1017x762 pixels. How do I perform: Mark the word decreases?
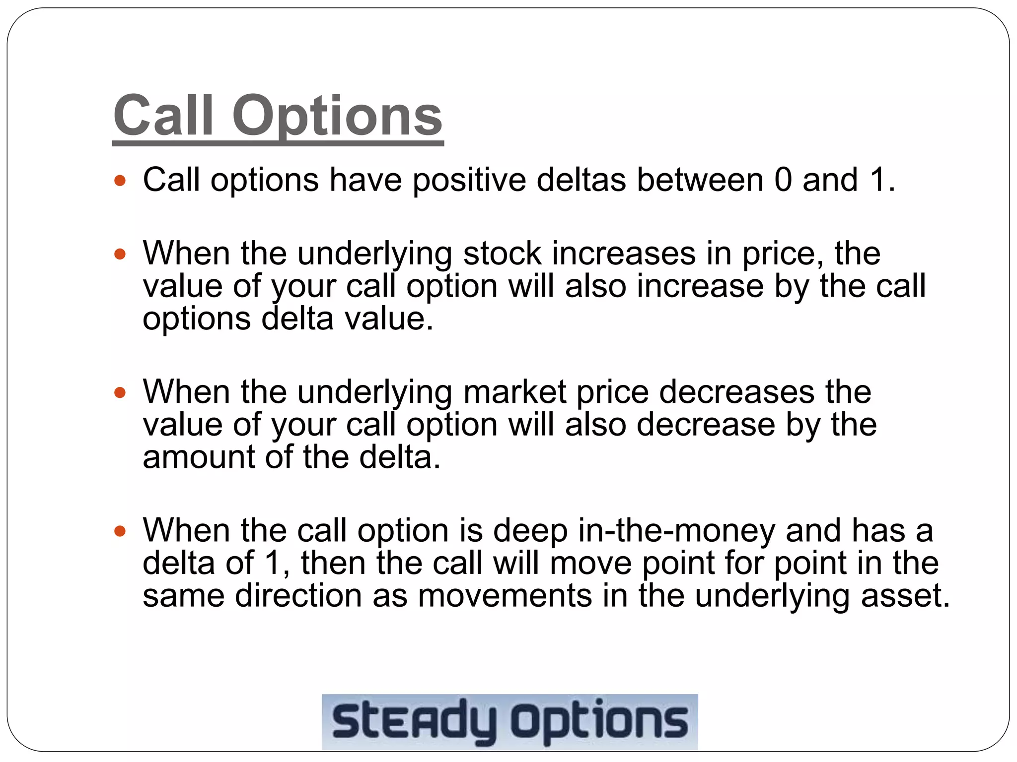pos(736,392)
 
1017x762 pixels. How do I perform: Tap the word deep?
pos(530,531)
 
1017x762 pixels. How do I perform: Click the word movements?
pos(505,595)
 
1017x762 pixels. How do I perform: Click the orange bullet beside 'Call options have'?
pos(120,180)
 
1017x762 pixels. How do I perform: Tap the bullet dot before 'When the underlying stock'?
pos(120,254)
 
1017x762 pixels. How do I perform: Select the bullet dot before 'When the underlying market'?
pos(120,393)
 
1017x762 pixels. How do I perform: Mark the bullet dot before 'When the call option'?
pos(120,531)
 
